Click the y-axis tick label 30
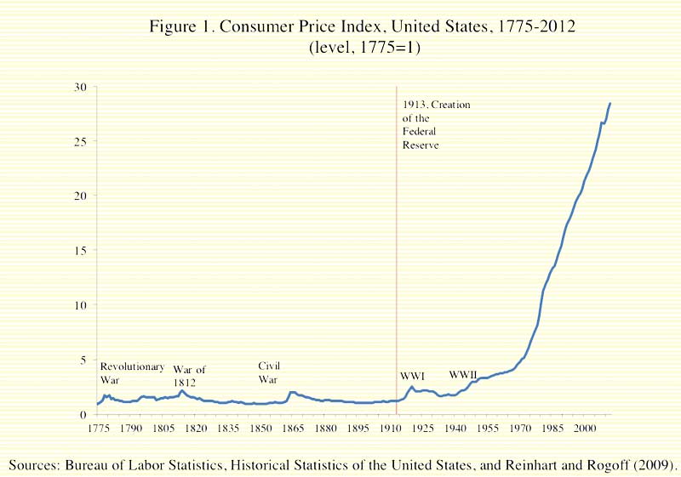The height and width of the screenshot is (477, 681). point(79,86)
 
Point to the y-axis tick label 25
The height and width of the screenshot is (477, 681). point(79,141)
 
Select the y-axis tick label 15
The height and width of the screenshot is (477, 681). point(79,250)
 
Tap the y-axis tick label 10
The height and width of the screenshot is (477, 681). point(79,304)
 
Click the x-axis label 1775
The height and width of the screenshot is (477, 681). point(99,430)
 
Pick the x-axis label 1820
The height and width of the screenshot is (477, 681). point(195,430)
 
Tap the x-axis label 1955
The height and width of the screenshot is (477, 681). point(486,430)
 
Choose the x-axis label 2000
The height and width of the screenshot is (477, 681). point(583,430)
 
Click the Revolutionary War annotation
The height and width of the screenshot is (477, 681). point(132,372)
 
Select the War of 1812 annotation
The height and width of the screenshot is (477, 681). point(189,376)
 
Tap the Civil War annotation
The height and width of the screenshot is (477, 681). point(269,372)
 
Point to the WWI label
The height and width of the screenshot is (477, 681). point(413,376)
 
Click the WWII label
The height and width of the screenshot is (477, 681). point(464,375)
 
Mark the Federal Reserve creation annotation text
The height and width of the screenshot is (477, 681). point(436,125)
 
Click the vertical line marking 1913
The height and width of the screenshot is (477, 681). point(397,255)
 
